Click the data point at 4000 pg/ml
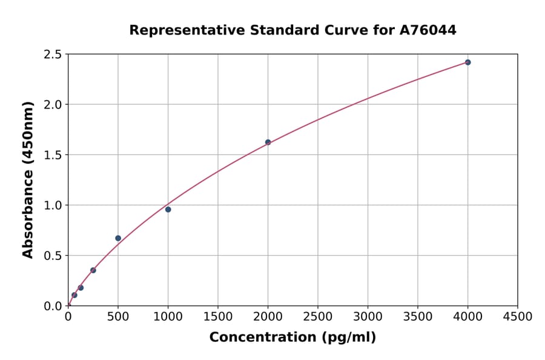[x=467, y=62]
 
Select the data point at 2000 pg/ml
[x=268, y=142]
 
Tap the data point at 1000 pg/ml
[x=168, y=210]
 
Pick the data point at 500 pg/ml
[x=118, y=238]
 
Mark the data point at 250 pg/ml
[x=93, y=270]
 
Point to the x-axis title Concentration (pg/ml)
[x=292, y=338]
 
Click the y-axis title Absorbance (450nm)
[x=28, y=180]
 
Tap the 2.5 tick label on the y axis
[x=53, y=55]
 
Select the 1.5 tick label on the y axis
[x=53, y=155]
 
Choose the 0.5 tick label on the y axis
[x=53, y=256]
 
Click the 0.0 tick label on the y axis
[x=53, y=306]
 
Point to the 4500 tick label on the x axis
[x=518, y=317]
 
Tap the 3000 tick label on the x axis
[x=368, y=317]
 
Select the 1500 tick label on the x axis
[x=218, y=317]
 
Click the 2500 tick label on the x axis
[x=318, y=317]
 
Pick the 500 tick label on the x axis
[x=118, y=317]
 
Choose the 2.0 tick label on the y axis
[x=53, y=105]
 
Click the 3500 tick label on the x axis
[x=418, y=317]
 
